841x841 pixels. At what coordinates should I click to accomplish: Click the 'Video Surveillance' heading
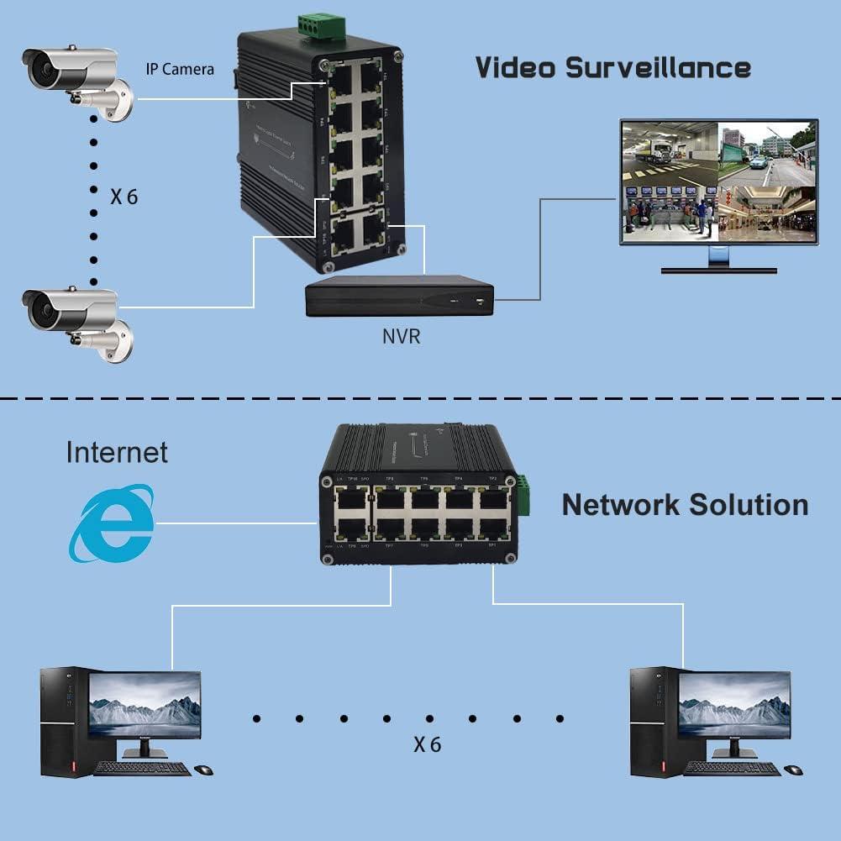pyautogui.click(x=612, y=67)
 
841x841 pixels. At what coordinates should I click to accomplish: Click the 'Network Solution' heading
pyautogui.click(x=685, y=505)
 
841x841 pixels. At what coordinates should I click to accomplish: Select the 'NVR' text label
pyautogui.click(x=401, y=338)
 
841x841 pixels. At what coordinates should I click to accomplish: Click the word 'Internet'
pyautogui.click(x=117, y=452)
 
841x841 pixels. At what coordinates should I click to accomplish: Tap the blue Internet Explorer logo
pyautogui.click(x=113, y=523)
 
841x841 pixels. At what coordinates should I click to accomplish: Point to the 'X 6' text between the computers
pyautogui.click(x=427, y=744)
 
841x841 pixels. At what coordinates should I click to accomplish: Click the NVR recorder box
pyautogui.click(x=398, y=298)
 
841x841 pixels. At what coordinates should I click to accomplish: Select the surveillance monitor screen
pyautogui.click(x=718, y=181)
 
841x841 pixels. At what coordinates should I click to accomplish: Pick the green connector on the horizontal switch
pyautogui.click(x=523, y=495)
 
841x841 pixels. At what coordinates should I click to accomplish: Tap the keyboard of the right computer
pyautogui.click(x=732, y=768)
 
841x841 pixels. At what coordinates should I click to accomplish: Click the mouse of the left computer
pyautogui.click(x=203, y=770)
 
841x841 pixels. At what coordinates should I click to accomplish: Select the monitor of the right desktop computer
pyautogui.click(x=734, y=706)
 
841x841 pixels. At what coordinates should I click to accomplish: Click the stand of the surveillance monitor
pyautogui.click(x=718, y=260)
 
